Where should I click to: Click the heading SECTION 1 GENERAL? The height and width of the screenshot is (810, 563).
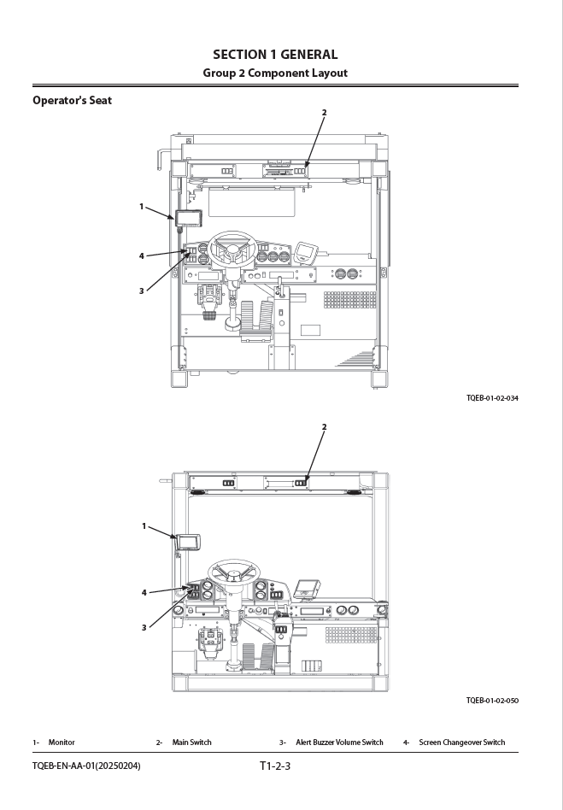point(275,55)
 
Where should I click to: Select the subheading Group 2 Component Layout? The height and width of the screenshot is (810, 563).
point(275,73)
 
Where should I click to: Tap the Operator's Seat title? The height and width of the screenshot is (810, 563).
point(72,100)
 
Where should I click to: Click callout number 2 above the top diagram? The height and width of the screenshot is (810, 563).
point(325,112)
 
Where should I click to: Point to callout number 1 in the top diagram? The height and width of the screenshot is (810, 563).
point(142,207)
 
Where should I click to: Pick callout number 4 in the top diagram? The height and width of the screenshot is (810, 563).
point(142,255)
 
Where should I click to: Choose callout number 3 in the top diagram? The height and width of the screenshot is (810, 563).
point(142,291)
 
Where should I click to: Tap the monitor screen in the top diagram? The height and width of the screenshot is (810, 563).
point(189,219)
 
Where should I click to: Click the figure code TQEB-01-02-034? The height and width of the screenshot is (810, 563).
point(492,398)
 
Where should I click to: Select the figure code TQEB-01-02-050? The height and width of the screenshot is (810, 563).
point(492,701)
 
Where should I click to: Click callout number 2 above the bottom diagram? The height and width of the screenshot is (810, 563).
point(325,426)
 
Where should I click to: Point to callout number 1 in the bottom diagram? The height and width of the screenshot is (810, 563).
point(144,526)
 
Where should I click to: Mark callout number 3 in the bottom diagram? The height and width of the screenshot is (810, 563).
point(144,628)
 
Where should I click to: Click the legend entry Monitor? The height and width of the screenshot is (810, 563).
point(62,742)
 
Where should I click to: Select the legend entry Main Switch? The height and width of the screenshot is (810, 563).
point(191,742)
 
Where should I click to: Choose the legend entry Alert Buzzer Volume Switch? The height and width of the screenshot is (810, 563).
point(339,742)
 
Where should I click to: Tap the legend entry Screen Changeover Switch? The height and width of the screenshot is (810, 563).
point(462,742)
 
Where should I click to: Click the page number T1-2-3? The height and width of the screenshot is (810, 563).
point(275,766)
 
